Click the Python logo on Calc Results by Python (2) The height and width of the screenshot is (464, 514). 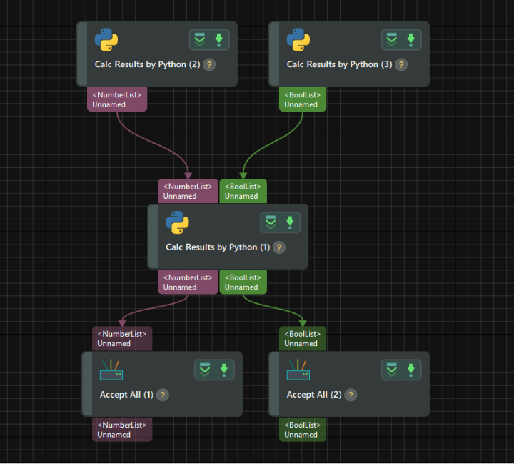click(106, 40)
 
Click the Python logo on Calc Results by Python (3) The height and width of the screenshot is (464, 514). click(298, 40)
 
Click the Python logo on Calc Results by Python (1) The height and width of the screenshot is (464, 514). click(177, 223)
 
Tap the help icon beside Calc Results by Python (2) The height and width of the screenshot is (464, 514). click(209, 64)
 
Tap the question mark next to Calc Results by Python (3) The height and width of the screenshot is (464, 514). click(401, 64)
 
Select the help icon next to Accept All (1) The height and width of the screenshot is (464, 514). click(163, 395)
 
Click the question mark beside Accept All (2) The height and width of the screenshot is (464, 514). click(350, 395)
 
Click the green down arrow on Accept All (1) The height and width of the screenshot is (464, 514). click(223, 370)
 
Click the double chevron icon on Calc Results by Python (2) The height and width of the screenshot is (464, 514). click(199, 40)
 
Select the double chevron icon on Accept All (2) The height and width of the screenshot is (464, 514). click(391, 370)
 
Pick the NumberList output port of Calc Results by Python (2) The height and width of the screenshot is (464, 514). click(117, 99)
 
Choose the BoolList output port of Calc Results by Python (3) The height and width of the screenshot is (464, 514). click(302, 99)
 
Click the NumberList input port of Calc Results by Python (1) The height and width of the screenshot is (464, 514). click(188, 191)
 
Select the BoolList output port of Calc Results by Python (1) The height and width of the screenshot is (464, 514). click(243, 282)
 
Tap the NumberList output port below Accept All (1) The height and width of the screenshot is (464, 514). click(122, 430)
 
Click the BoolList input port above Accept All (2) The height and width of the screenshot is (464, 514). click(302, 338)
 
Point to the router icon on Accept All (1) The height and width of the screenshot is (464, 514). click(111, 370)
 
